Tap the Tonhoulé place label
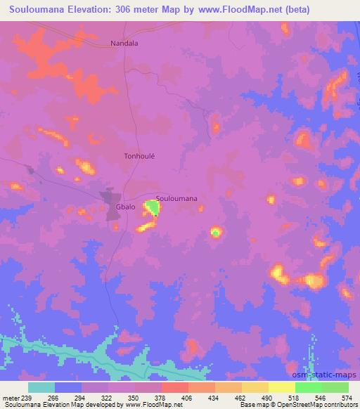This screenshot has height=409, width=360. pyautogui.click(x=139, y=157)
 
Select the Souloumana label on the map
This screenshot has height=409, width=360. pyautogui.click(x=176, y=198)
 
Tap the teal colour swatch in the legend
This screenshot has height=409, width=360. pyautogui.click(x=41, y=387)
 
